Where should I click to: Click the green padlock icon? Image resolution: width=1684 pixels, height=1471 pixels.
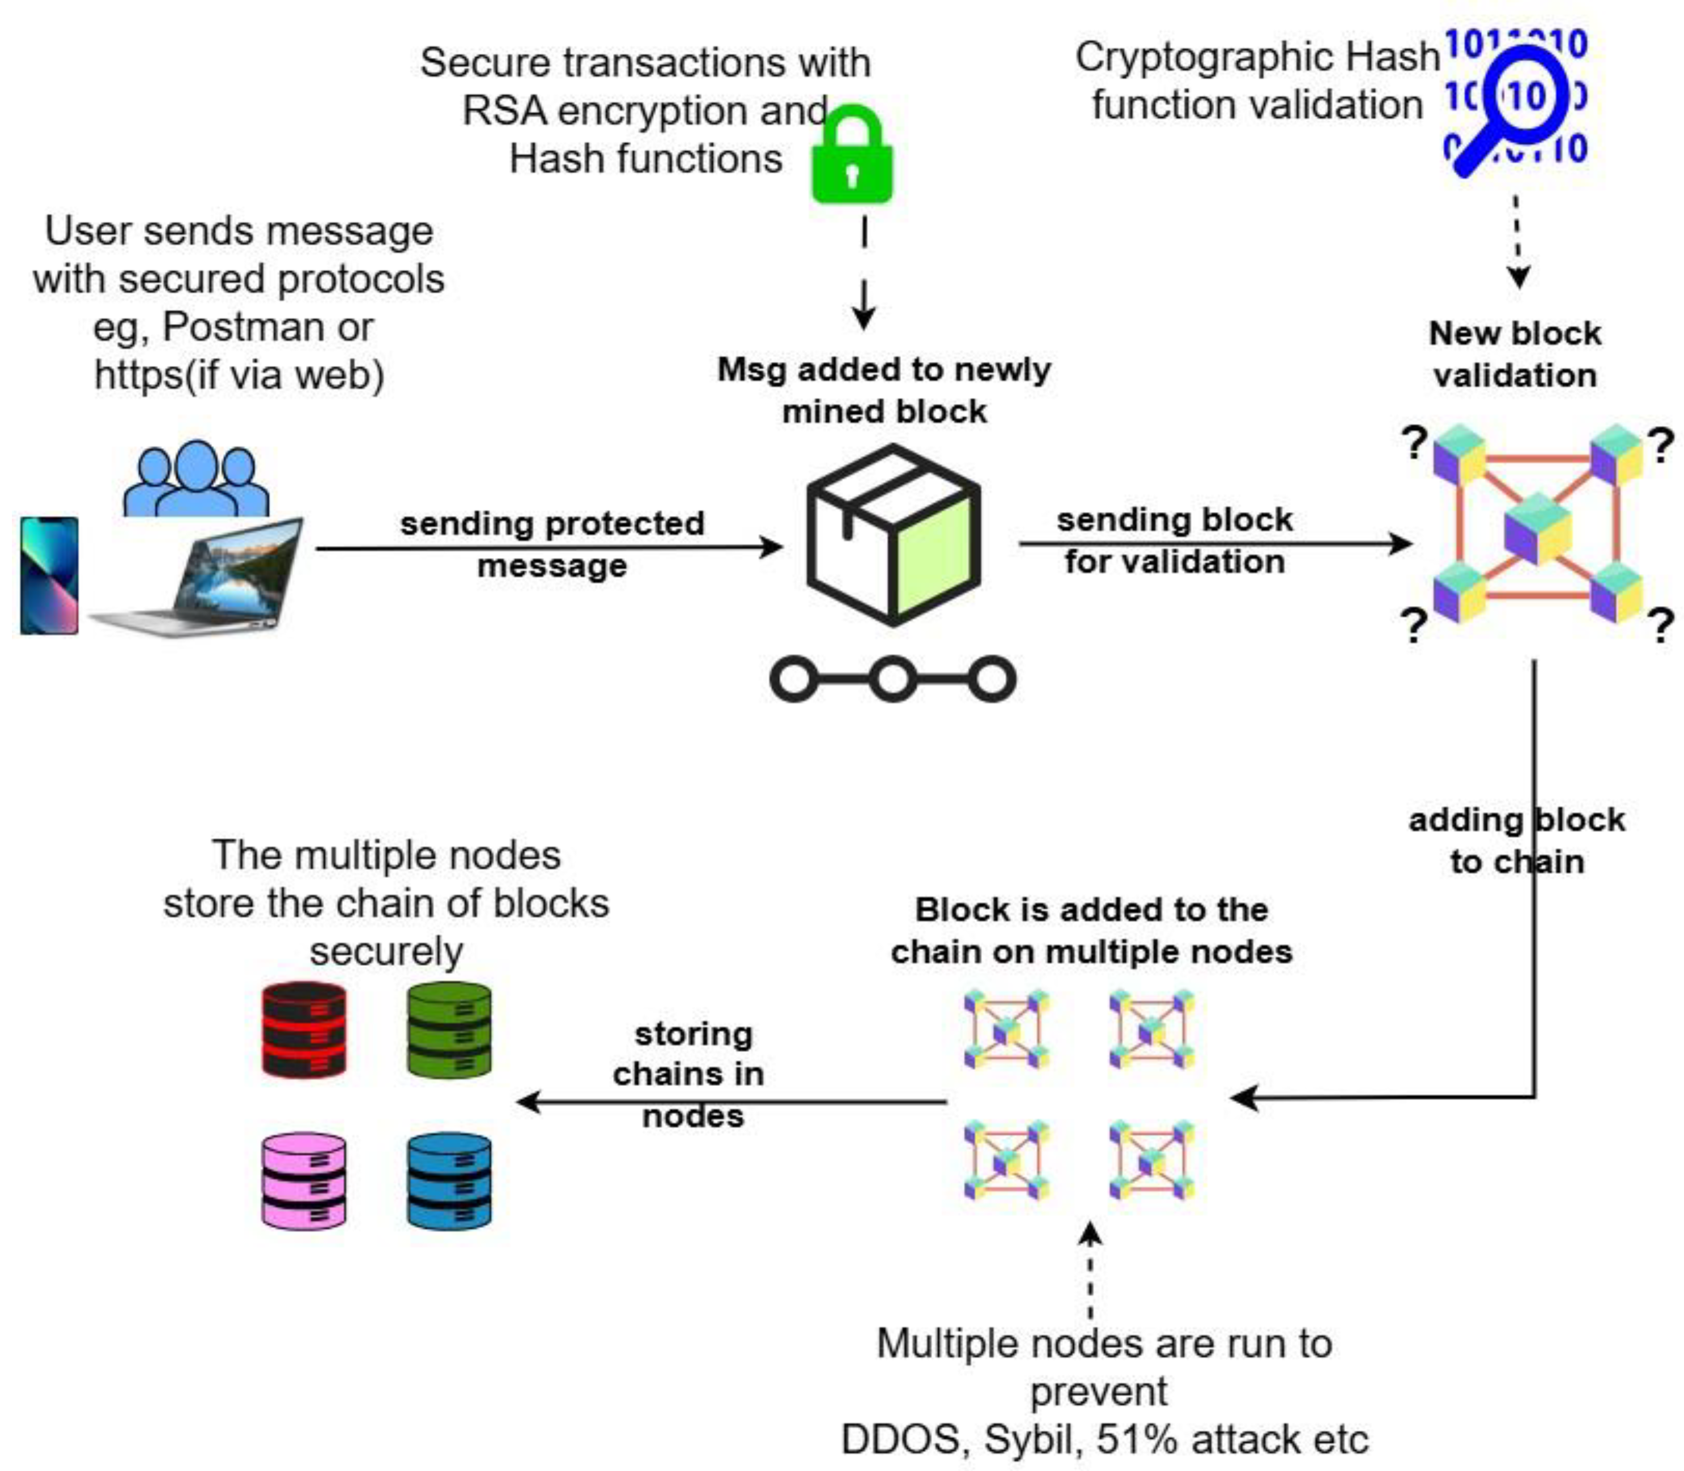852,156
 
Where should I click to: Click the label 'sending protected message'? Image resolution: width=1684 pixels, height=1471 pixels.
552,544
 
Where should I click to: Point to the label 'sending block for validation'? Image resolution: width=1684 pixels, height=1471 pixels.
1174,541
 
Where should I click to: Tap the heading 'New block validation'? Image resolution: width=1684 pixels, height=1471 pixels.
1514,355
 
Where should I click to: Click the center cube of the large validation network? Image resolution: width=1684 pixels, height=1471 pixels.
1537,528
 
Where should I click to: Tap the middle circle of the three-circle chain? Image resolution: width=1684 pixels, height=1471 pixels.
892,679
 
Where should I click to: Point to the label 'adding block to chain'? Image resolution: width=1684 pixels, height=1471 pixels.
1516,841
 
